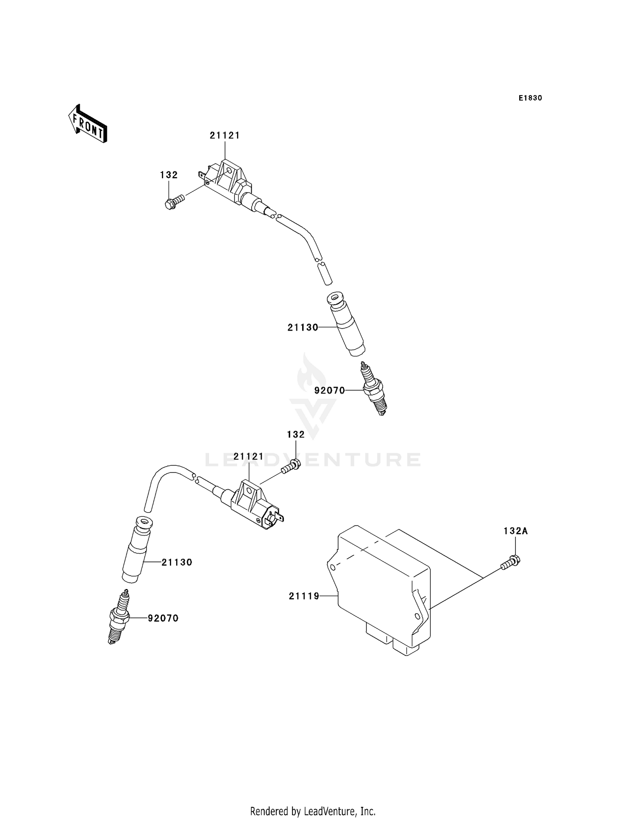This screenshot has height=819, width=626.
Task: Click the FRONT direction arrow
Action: [88, 125]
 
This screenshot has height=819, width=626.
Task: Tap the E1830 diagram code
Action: [530, 98]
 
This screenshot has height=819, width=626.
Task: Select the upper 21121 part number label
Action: [225, 136]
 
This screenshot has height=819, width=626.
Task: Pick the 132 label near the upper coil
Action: [169, 175]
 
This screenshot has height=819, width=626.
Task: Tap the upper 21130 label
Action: [303, 328]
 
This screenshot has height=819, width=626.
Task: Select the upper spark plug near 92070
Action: [374, 389]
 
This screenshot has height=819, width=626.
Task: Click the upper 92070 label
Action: [330, 391]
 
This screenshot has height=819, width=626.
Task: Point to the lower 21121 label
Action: [249, 457]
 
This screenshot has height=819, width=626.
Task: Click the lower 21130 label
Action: [177, 563]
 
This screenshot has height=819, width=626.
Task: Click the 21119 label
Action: [304, 597]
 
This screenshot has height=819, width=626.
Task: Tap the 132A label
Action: [515, 531]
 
